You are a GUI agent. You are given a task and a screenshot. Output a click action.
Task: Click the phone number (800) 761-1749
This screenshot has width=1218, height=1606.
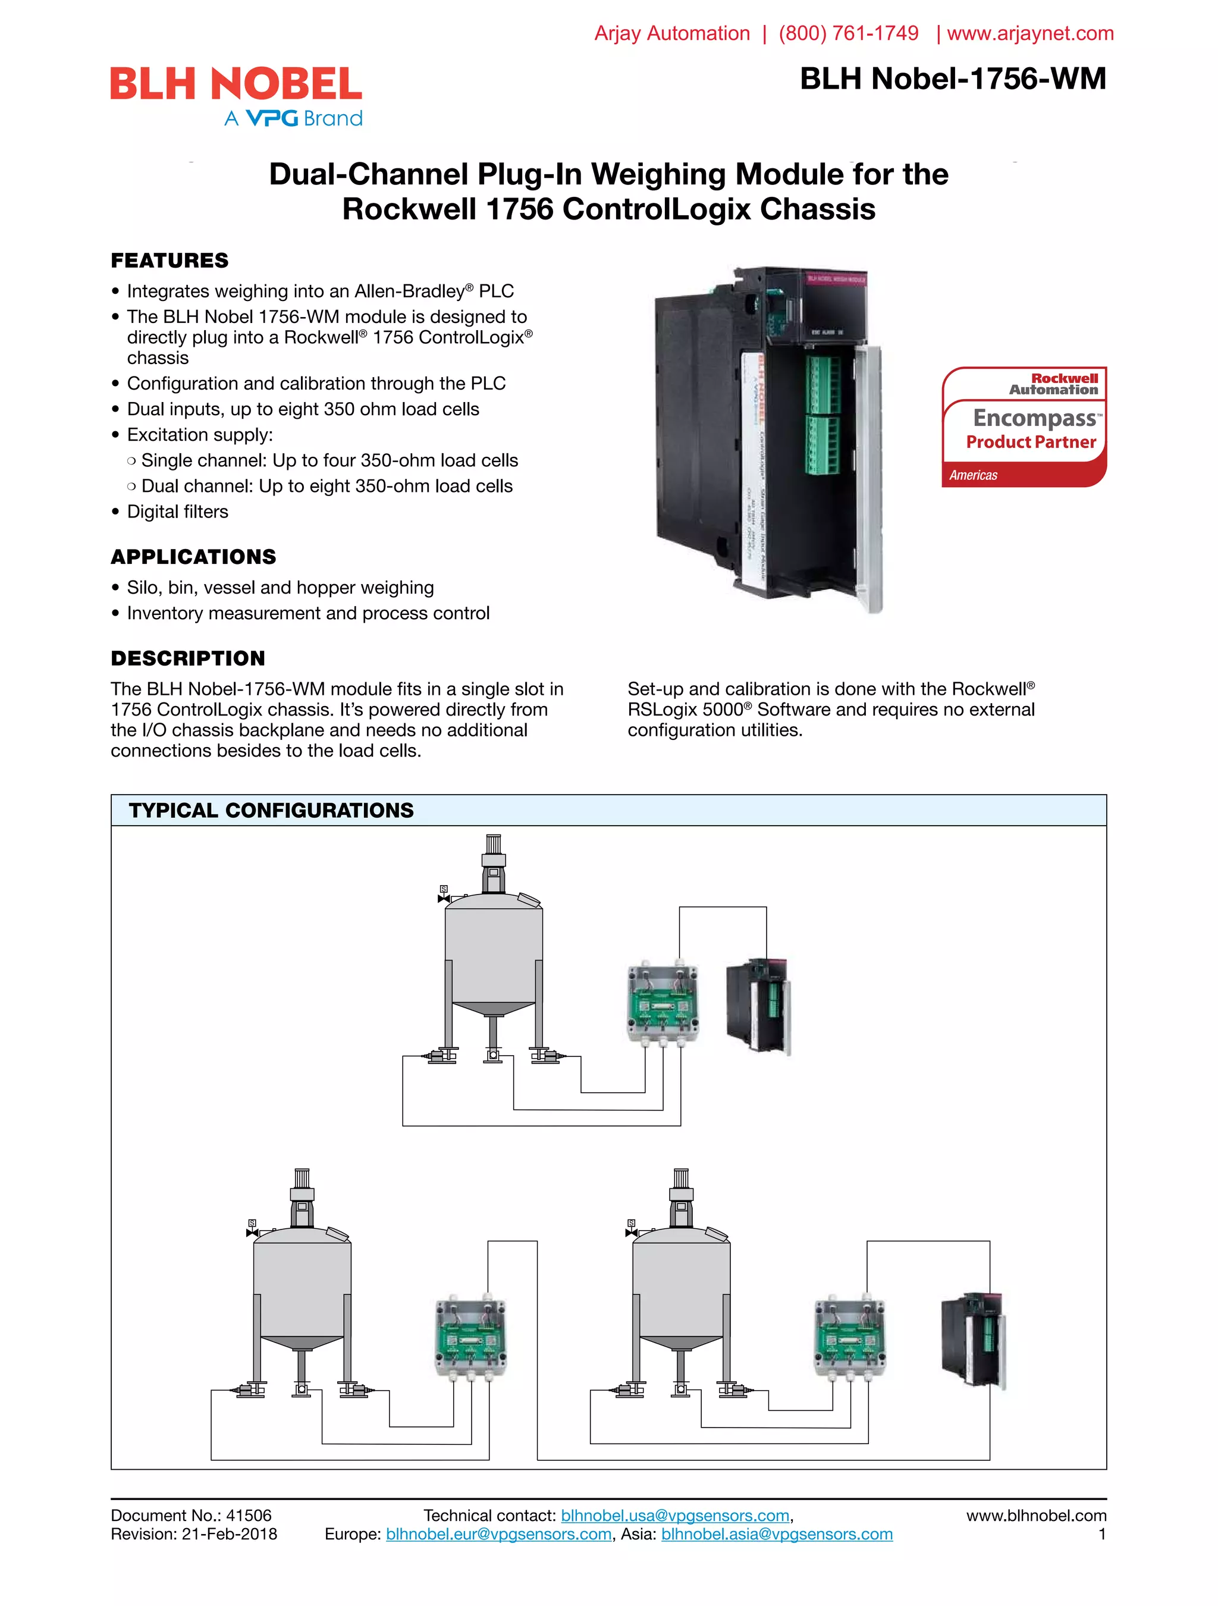point(848,33)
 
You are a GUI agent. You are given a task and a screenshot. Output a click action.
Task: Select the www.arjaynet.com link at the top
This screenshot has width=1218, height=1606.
point(1029,33)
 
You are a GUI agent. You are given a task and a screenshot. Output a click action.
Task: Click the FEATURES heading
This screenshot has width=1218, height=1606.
point(169,260)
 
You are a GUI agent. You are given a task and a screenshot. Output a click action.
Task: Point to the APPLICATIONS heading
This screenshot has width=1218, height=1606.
point(193,557)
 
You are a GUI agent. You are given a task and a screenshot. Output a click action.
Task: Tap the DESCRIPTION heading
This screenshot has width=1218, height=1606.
point(187,658)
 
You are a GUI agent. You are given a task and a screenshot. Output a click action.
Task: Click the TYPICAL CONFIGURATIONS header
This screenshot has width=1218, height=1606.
point(271,810)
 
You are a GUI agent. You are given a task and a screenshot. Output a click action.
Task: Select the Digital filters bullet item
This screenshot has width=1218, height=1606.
point(177,512)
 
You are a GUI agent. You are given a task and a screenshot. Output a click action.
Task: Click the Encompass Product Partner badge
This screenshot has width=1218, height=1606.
point(1024,428)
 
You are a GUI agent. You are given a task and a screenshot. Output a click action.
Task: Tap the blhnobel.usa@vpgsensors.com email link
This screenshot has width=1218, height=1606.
point(674,1515)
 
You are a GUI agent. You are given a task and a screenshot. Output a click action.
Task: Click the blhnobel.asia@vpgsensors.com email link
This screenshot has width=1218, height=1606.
point(776,1534)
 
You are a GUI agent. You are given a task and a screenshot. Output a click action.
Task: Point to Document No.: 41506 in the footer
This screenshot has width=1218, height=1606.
point(191,1515)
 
